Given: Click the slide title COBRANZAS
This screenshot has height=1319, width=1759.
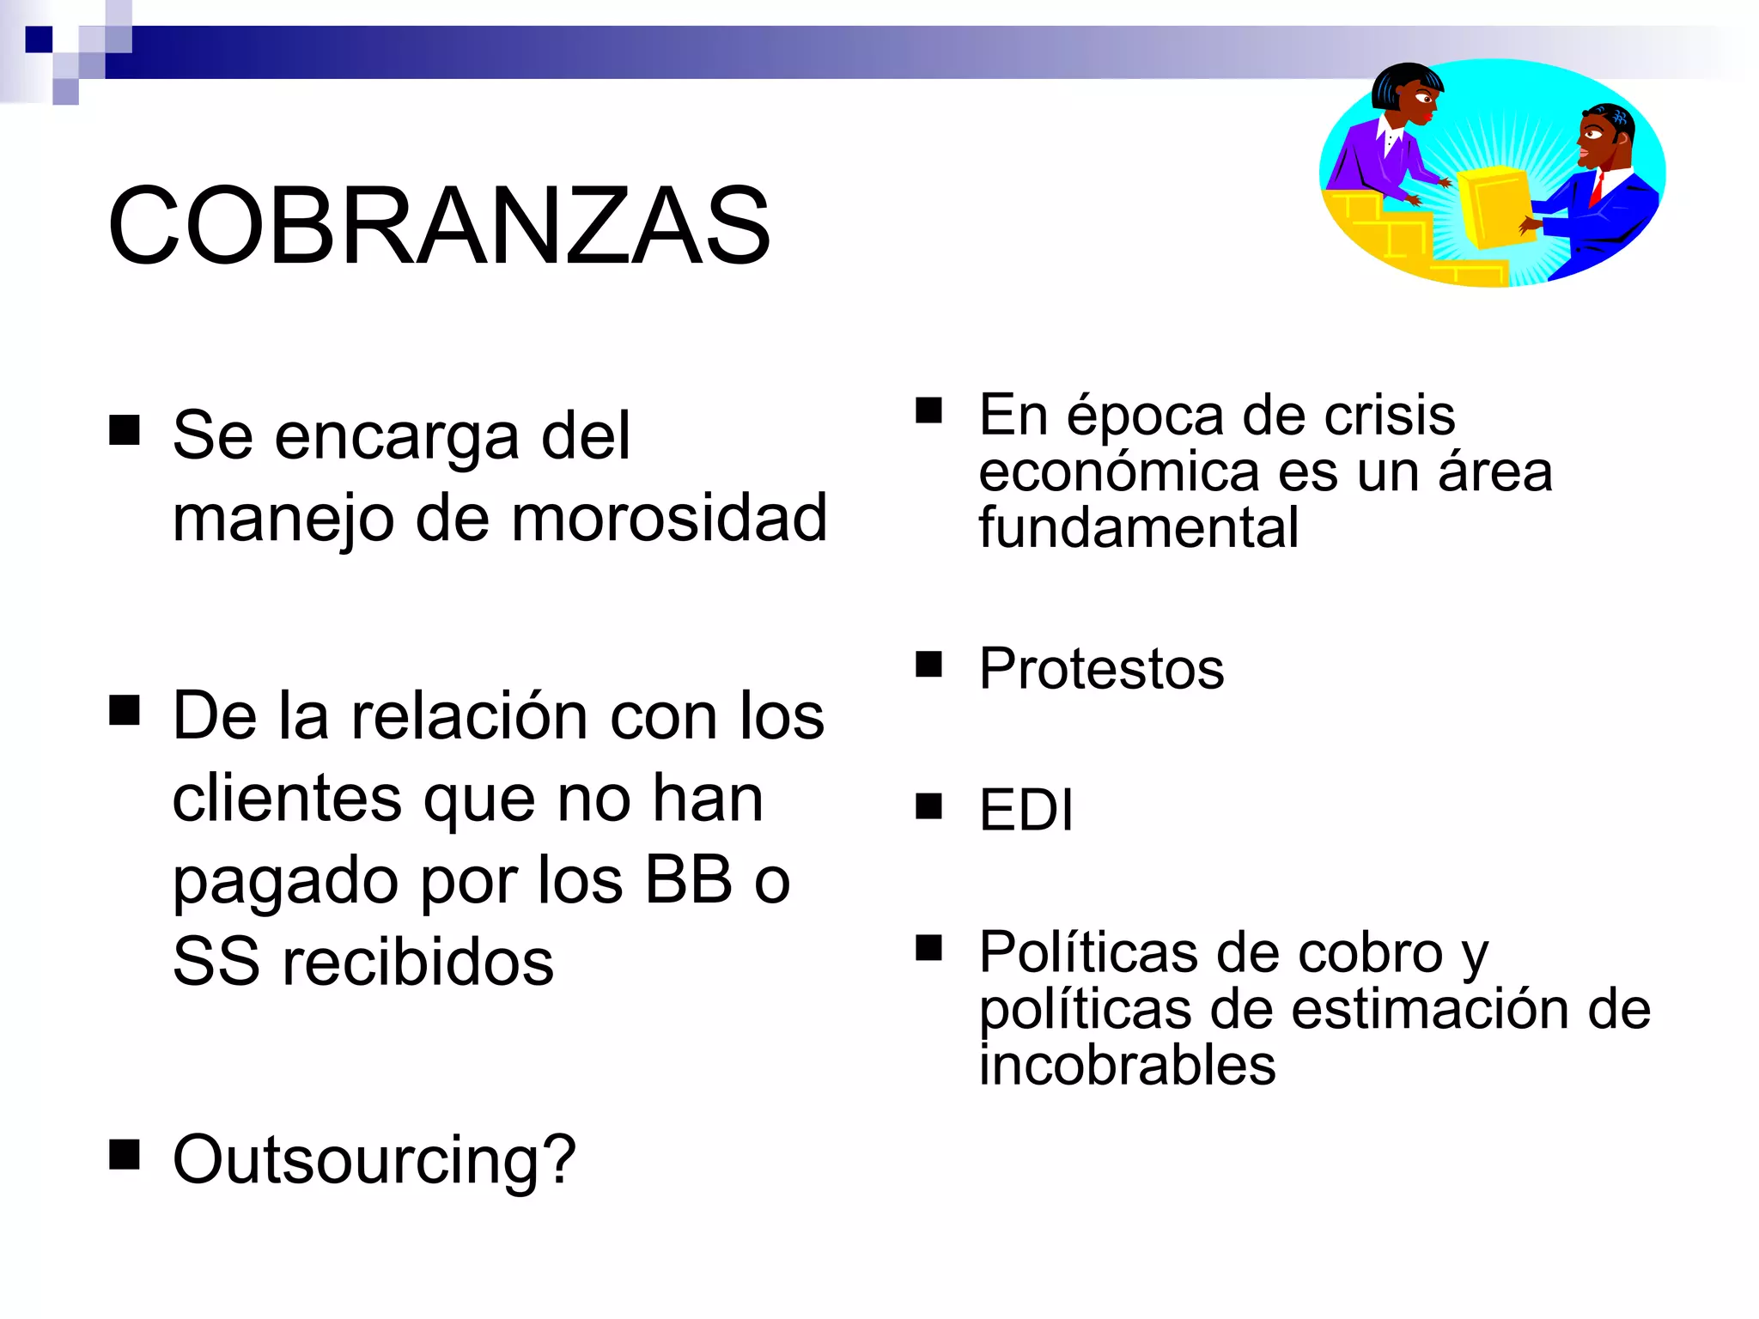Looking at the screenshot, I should (x=438, y=226).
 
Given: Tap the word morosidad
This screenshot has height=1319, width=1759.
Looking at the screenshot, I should (x=670, y=520).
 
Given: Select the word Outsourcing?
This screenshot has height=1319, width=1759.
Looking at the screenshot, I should (x=374, y=1160).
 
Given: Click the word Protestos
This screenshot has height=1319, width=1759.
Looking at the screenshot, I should (x=1101, y=669).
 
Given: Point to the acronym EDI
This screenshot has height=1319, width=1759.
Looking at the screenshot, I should (x=1026, y=810).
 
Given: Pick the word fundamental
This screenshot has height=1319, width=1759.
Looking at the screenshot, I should (x=1138, y=527).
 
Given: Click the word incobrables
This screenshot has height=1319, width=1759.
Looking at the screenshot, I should (x=1127, y=1066).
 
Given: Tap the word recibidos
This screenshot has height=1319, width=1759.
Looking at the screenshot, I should (x=418, y=963).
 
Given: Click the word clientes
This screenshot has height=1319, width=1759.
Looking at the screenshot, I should (x=286, y=799).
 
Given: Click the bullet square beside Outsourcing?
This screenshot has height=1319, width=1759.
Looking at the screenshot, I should (x=125, y=1155).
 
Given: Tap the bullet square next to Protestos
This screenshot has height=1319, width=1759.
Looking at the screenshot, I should (x=928, y=664).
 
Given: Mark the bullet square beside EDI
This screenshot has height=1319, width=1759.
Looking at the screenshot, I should (x=928, y=805).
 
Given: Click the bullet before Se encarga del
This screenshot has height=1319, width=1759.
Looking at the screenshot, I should (x=125, y=430).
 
